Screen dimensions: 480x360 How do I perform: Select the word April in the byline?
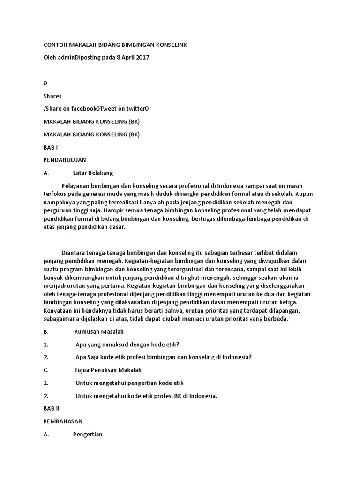125,57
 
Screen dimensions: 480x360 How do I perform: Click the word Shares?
52,96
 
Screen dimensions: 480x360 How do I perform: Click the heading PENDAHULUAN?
65,160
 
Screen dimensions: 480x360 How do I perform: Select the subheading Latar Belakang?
93,172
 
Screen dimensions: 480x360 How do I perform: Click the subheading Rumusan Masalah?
99,332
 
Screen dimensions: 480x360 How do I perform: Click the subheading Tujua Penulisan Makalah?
108,370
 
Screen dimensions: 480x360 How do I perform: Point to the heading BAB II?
51,409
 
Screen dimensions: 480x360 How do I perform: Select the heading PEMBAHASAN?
63,421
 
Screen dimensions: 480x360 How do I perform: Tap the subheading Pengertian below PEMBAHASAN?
88,434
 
